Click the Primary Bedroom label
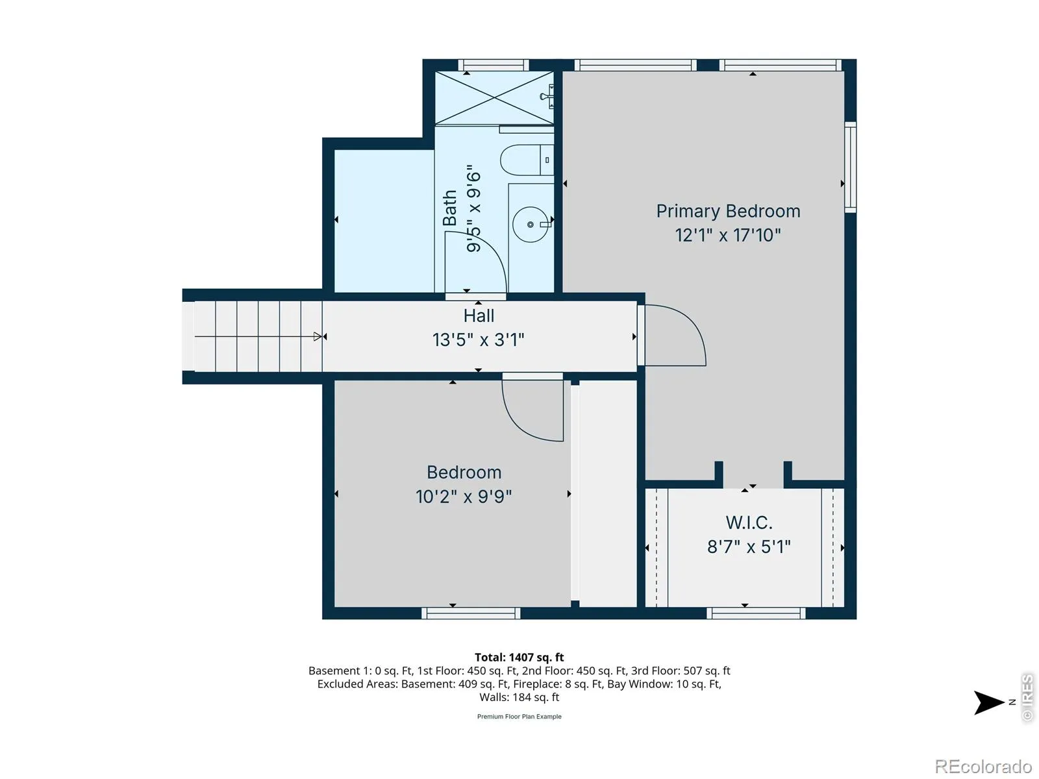(727, 212)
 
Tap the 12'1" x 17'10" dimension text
(727, 235)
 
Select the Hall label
(479, 315)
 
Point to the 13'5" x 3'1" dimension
(478, 340)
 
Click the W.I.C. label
(749, 523)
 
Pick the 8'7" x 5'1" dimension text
(749, 547)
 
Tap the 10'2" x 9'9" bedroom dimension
(464, 497)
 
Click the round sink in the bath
(530, 224)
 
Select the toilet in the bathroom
(527, 160)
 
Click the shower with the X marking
(494, 98)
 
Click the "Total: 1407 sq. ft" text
(519, 657)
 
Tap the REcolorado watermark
(983, 766)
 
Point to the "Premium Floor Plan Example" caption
(519, 717)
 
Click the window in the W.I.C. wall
(756, 613)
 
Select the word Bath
(449, 208)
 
